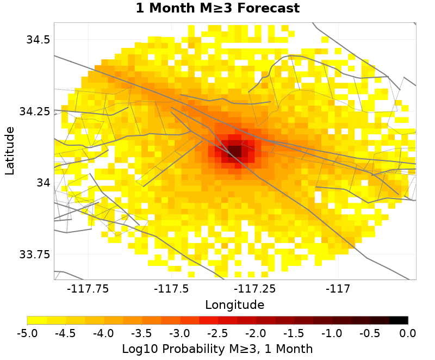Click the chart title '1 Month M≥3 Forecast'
coord(217,9)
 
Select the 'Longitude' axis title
coord(234,305)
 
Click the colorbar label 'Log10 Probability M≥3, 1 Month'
coord(217,349)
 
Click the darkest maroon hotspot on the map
coord(234,150)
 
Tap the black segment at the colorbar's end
coord(399,320)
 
